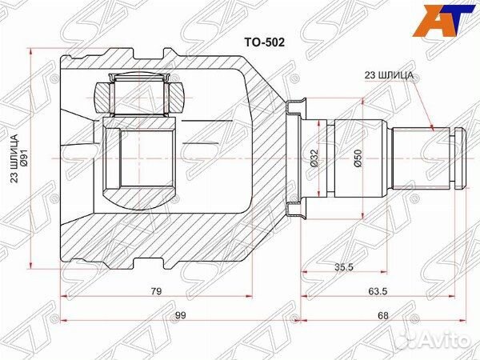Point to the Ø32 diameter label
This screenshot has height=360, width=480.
coord(317,158)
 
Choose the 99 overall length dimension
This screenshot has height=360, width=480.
coord(181,314)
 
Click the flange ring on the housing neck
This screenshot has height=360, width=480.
coord(296,157)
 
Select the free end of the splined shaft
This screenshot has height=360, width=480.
coord(463,157)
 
